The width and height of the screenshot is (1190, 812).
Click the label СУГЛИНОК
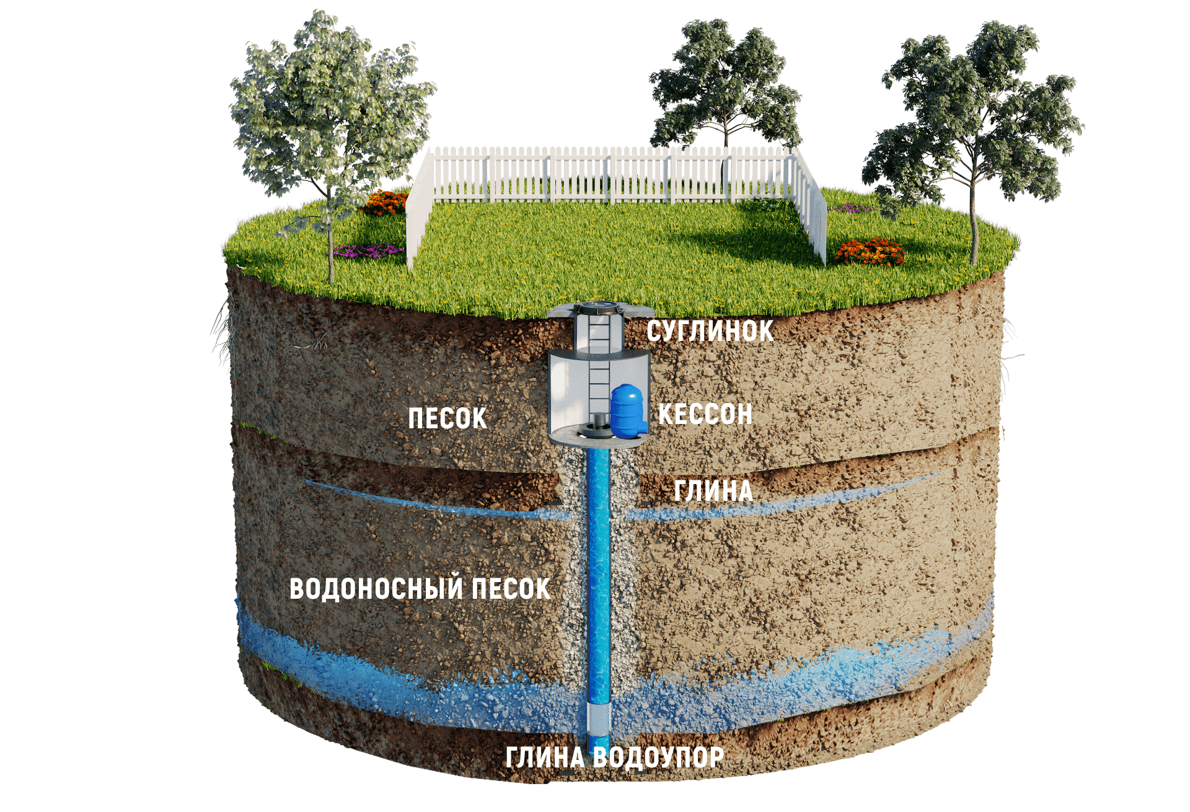[710, 331]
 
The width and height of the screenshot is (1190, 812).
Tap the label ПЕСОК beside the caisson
[447, 418]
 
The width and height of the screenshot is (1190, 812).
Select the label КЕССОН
[705, 414]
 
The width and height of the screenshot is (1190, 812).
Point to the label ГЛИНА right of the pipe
[713, 491]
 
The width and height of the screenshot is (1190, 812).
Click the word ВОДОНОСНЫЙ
[376, 589]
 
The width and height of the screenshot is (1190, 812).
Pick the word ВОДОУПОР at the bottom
[658, 757]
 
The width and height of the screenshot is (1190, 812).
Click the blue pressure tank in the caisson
[627, 410]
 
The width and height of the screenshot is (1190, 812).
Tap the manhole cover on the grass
[600, 306]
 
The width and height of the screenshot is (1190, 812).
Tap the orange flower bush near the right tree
[870, 252]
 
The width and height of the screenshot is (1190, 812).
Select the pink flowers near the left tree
[368, 250]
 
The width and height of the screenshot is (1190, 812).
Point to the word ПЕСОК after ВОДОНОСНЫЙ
[511, 589]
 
